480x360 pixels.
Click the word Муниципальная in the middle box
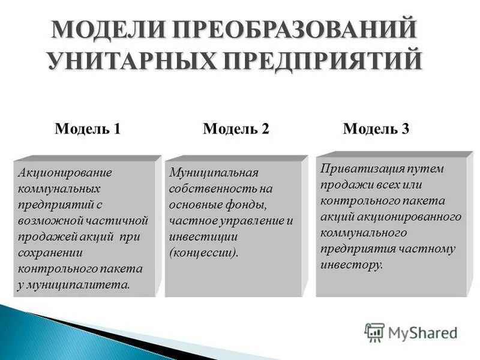[x=214, y=173]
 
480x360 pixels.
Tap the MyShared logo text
[x=422, y=332]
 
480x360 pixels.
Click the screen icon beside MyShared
[x=374, y=331]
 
